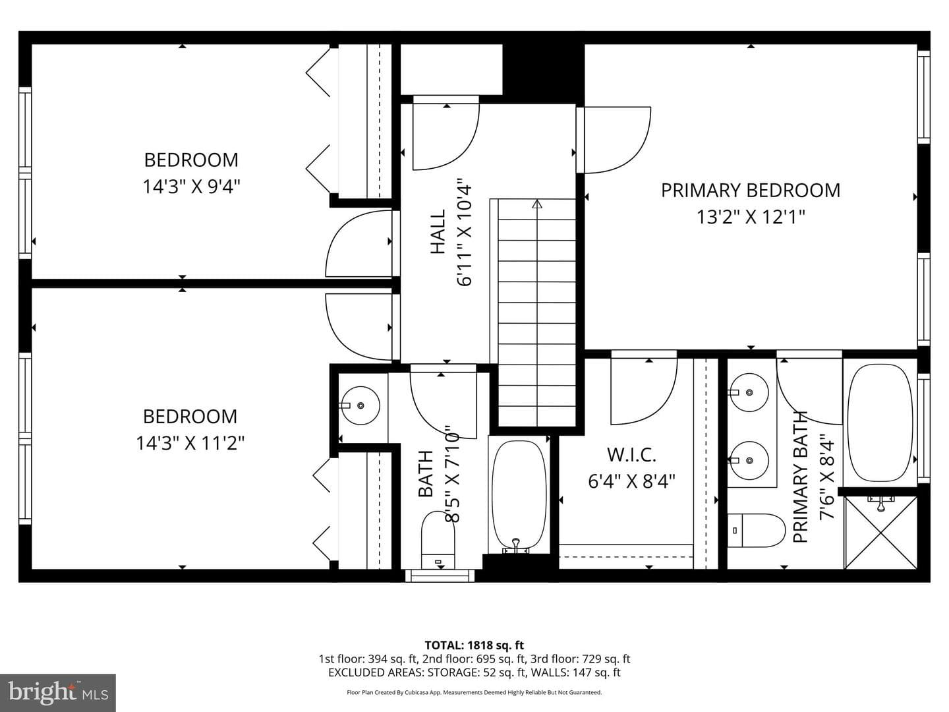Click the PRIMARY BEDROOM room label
point(751,191)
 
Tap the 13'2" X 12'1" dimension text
point(751,217)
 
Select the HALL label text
point(438,231)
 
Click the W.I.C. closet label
point(631,454)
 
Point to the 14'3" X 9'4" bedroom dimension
point(191,187)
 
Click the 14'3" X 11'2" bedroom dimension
point(190,443)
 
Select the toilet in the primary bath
point(756,530)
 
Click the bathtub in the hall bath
point(519,496)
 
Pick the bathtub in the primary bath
point(880,423)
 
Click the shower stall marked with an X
point(880,533)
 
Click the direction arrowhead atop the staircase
point(537,204)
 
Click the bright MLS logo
point(58,693)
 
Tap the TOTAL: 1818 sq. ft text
point(474,645)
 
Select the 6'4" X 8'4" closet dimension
point(631,481)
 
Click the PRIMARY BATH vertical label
point(800,477)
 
